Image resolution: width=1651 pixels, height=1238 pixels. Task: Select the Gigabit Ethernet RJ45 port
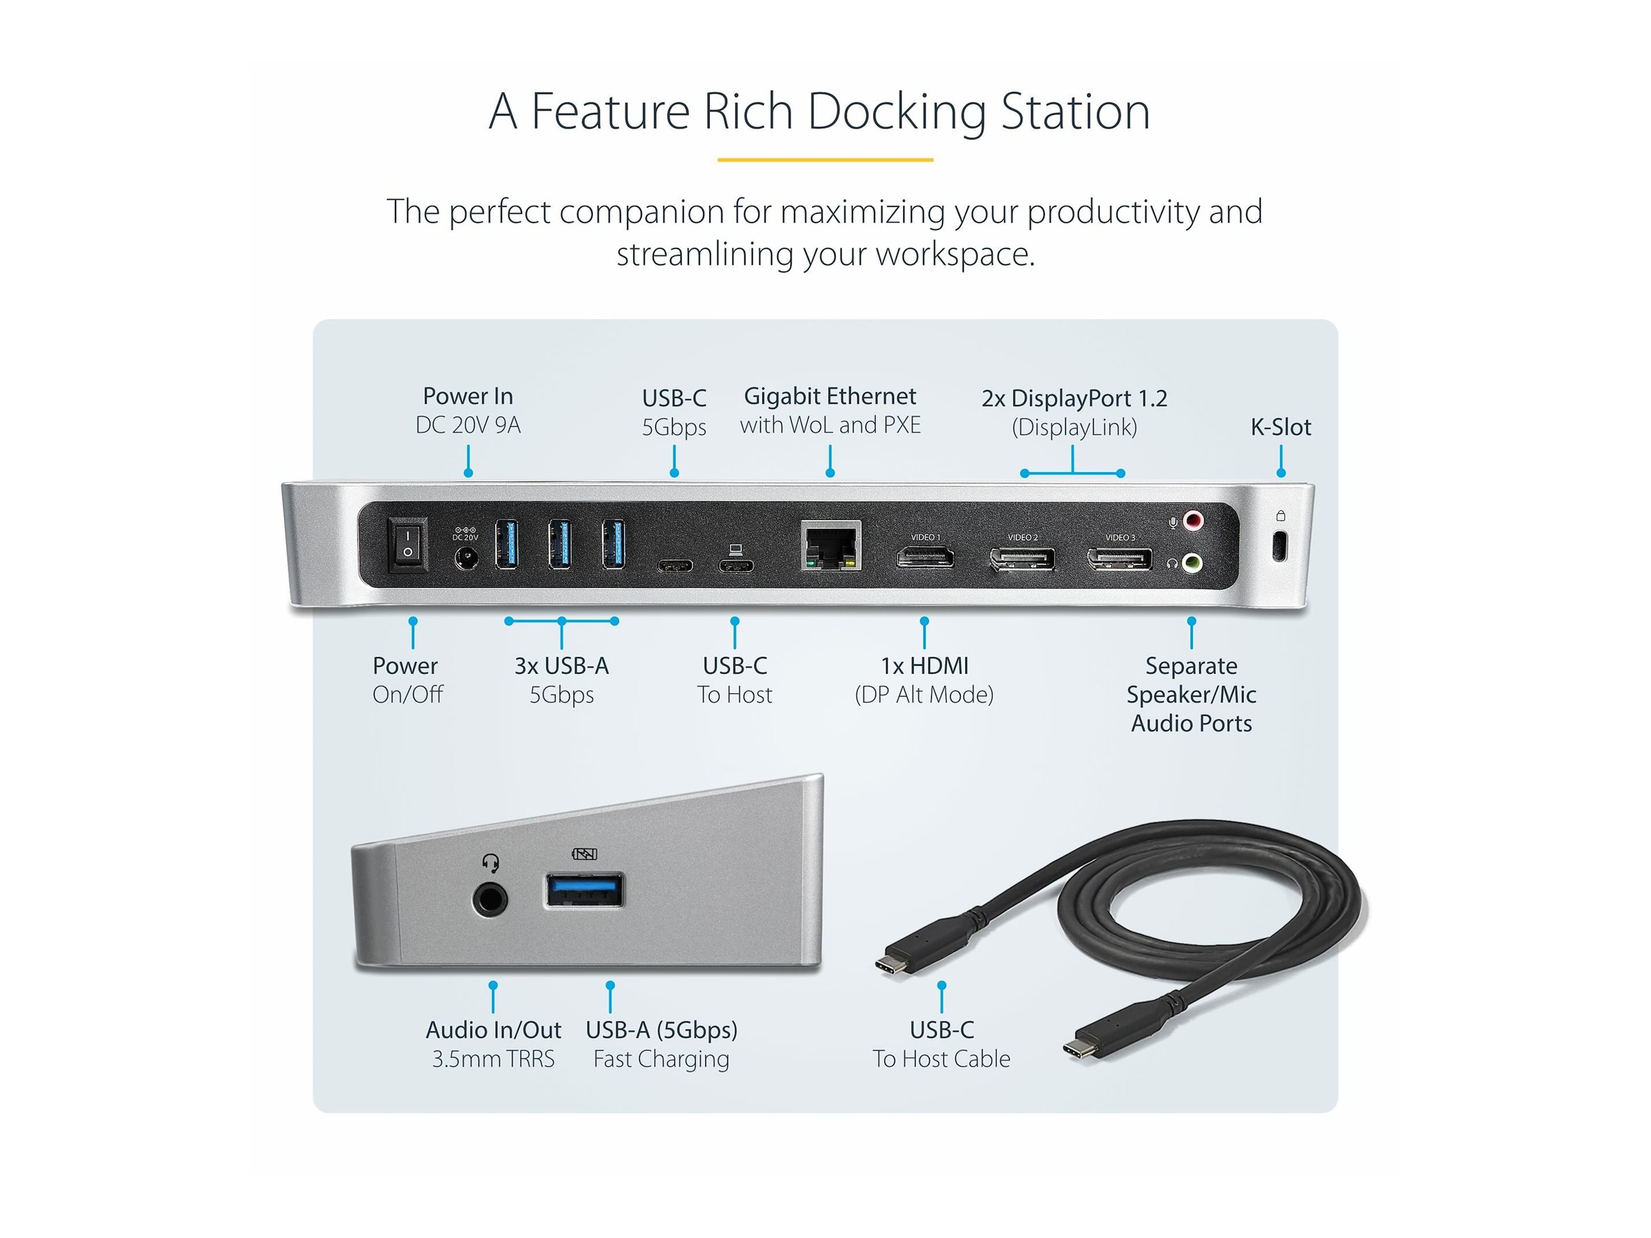coord(831,546)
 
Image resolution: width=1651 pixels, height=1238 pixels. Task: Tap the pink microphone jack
coord(1194,520)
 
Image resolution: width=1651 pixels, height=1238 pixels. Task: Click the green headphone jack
coord(1193,562)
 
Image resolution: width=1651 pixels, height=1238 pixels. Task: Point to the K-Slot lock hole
coord(1280,545)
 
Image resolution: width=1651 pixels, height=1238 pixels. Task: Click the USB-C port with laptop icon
coord(736,565)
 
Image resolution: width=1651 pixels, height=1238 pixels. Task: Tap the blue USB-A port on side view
coord(585,889)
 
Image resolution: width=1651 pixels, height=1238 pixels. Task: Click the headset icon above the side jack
coord(490,862)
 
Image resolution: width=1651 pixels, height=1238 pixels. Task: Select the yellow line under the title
coord(825,160)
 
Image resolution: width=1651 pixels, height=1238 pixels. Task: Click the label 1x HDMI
coord(924,665)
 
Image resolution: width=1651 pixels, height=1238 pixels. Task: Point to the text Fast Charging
coord(660,1058)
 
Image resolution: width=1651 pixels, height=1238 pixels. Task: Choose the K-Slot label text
coord(1280,427)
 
